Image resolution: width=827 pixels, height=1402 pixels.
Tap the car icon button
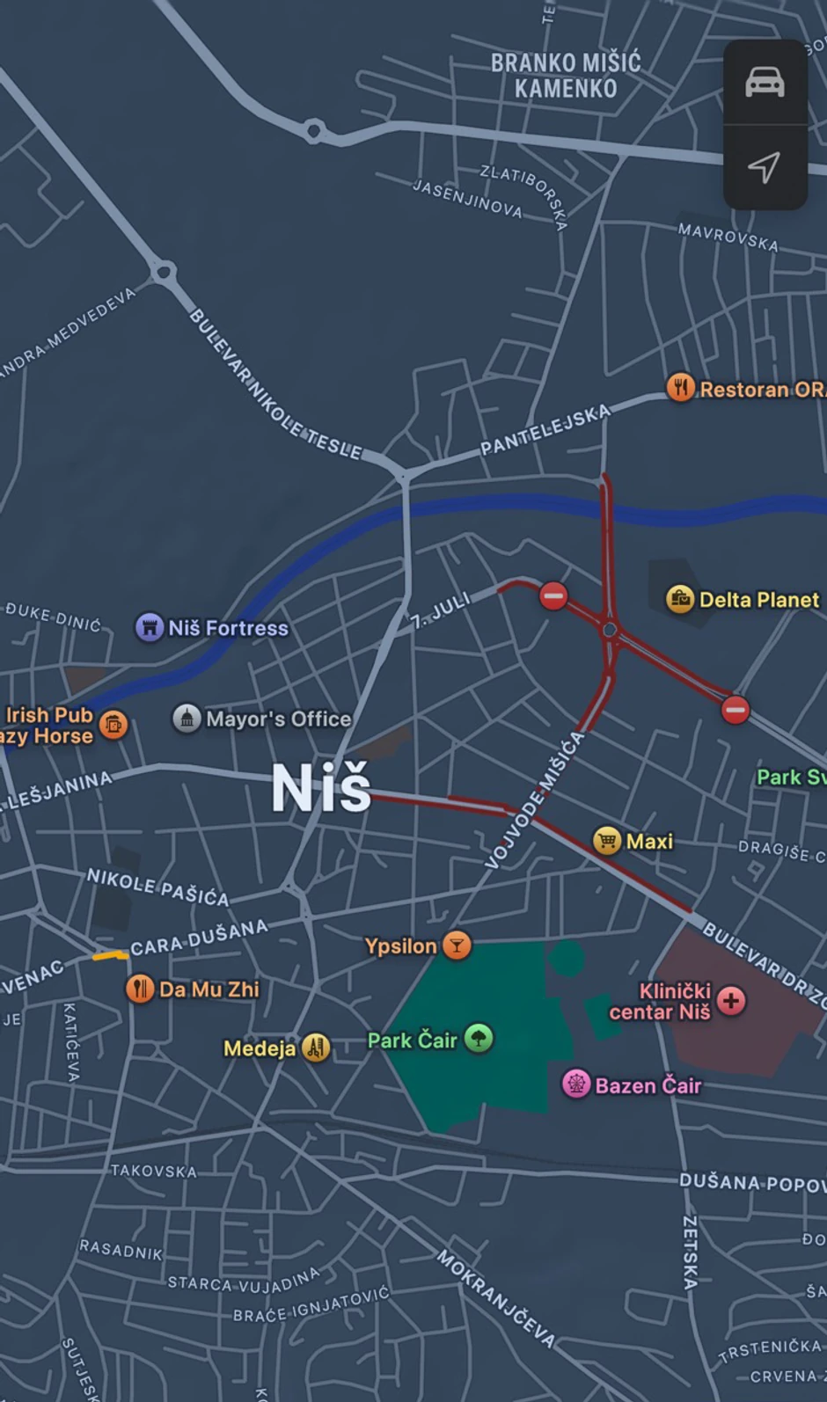765,82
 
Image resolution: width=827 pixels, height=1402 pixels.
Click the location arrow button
765,167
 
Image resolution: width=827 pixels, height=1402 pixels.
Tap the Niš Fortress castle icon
150,627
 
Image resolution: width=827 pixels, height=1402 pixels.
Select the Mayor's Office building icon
187,719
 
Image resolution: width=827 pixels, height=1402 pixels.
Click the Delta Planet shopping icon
680,599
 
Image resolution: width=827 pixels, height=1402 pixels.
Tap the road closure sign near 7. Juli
553,595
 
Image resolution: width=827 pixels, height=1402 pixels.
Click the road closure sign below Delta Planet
736,709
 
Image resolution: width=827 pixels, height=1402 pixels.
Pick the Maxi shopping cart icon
607,841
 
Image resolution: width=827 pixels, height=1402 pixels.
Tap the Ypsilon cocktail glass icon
457,946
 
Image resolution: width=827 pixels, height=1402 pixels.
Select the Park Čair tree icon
479,1039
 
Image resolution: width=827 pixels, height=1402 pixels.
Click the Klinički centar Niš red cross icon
731,1000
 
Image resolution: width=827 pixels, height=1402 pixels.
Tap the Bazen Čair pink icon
576,1084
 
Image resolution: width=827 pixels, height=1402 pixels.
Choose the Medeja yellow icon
316,1047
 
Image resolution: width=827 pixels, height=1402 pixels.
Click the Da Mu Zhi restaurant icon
140,989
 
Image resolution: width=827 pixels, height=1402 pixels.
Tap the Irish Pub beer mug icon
113,725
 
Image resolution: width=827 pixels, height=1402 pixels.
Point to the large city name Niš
321,787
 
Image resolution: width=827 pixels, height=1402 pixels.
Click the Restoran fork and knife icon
680,387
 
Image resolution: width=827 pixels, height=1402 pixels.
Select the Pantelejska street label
545,430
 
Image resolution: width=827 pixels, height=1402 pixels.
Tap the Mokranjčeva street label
496,1298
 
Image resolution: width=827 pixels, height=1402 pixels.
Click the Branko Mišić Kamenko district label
566,76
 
